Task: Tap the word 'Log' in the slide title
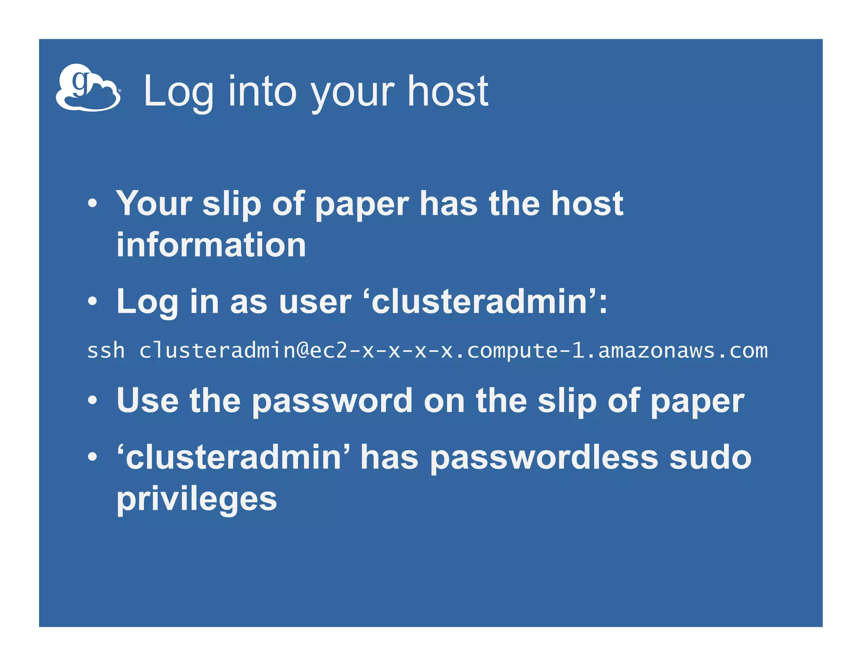point(178,92)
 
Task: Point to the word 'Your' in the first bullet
point(154,204)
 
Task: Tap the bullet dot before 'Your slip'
point(93,204)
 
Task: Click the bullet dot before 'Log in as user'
point(93,302)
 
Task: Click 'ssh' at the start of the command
point(106,351)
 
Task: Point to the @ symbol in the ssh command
point(303,351)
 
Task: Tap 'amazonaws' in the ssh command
point(656,351)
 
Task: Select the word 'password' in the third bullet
point(332,401)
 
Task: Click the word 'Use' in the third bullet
point(147,400)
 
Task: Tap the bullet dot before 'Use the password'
point(93,400)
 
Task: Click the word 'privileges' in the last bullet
point(197,500)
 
